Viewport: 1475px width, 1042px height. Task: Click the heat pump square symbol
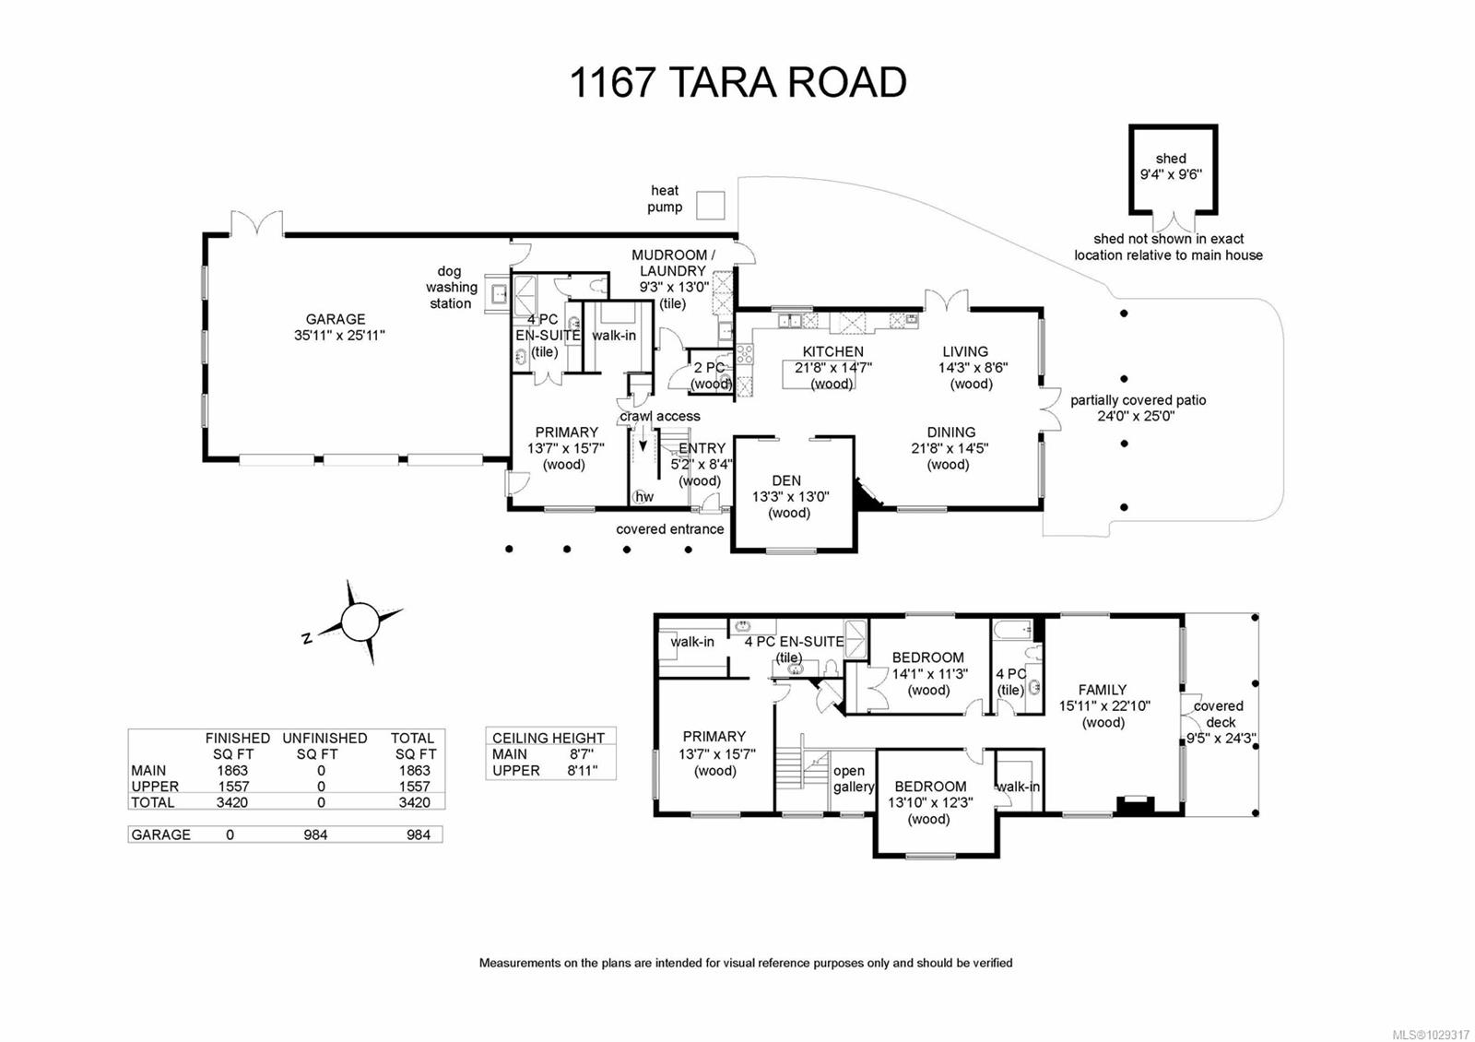pos(710,205)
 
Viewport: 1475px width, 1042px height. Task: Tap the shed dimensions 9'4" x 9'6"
pos(1171,174)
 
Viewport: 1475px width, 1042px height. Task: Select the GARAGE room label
pos(336,319)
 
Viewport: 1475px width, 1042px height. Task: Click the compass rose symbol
pos(360,621)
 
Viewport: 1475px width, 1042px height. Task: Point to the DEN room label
pos(786,480)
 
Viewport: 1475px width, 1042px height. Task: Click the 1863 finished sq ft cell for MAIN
pos(232,770)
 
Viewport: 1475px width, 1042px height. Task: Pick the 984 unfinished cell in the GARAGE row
pos(315,835)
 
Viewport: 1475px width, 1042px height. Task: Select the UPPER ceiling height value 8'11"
pos(582,770)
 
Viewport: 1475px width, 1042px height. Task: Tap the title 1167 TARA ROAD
pos(737,82)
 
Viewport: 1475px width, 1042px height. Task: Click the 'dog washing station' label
pos(450,287)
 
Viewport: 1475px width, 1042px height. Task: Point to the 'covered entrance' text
pos(669,528)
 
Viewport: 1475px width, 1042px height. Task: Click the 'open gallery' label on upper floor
pos(852,778)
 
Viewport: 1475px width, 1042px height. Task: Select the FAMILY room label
pos(1103,689)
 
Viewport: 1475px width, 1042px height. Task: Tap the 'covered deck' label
pos(1219,714)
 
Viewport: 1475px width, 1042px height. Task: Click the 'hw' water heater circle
pos(643,496)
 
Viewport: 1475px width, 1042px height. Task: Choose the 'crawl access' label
pos(660,416)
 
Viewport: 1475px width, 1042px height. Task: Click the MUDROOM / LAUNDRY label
pos(672,263)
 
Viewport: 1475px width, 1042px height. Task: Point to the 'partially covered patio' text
pos(1138,400)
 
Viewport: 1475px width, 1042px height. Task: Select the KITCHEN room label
pos(832,351)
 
